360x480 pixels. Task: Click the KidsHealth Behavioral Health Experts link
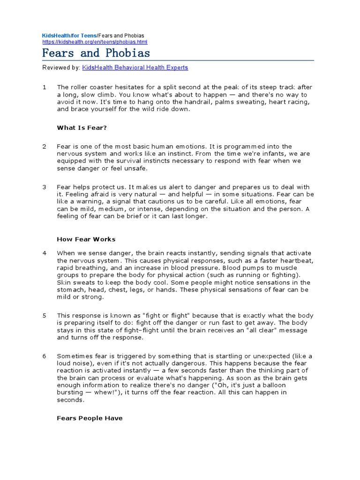[135, 67]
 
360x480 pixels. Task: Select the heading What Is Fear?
[82, 127]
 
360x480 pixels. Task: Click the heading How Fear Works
[86, 239]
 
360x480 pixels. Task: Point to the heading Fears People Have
[90, 418]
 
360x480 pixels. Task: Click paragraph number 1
[45, 87]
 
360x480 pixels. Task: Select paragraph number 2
[45, 147]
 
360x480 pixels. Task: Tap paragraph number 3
[45, 187]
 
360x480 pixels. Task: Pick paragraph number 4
[45, 253]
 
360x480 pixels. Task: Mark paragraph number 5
[45, 315]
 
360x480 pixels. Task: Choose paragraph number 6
[45, 356]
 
